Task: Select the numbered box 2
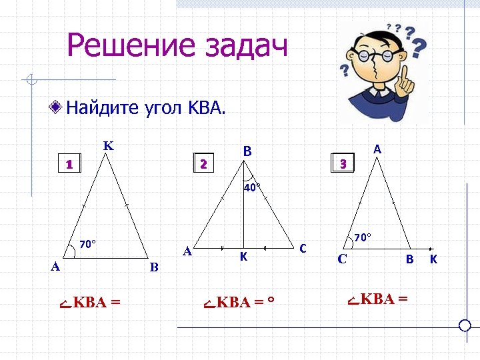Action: [x=204, y=163]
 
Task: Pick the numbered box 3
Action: [x=343, y=163]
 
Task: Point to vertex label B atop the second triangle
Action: [x=247, y=151]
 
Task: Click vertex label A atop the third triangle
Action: [x=377, y=150]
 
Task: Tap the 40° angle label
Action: [x=251, y=188]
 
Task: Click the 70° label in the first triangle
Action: [x=88, y=244]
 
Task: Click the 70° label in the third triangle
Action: [x=363, y=237]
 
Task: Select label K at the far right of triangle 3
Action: [x=434, y=259]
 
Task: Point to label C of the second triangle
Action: [x=303, y=249]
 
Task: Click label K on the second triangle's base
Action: [x=244, y=256]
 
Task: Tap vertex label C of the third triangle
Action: [x=342, y=259]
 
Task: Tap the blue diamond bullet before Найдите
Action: [x=58, y=107]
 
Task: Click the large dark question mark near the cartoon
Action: [x=419, y=48]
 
